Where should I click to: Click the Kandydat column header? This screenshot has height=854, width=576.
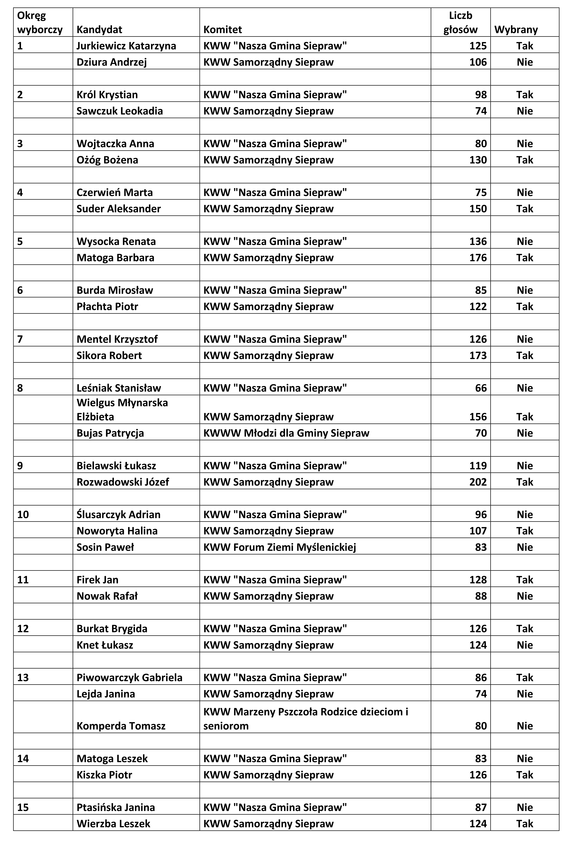[x=99, y=30]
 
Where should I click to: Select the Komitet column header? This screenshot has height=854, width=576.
[x=223, y=30]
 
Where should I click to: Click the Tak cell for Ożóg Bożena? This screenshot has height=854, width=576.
[x=524, y=160]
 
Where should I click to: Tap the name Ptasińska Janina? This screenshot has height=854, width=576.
[x=116, y=807]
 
